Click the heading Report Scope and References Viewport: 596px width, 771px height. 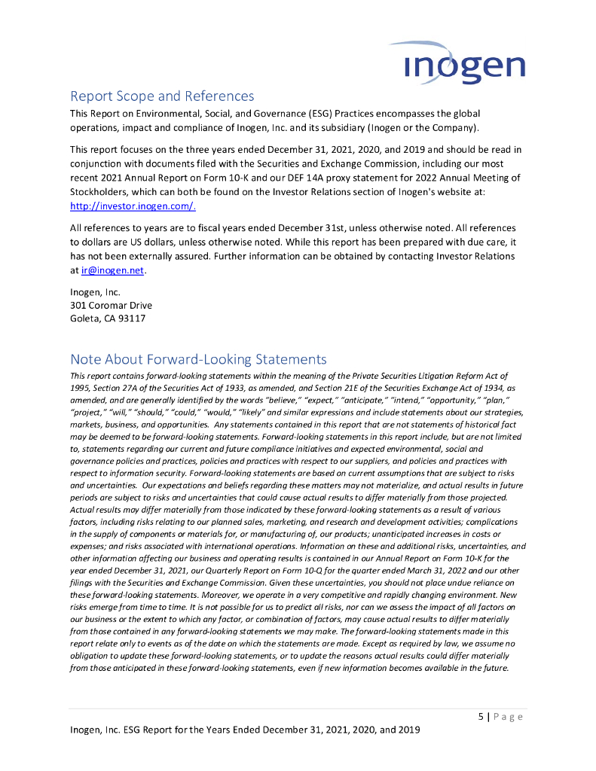click(161, 96)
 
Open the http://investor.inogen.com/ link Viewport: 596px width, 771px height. click(133, 206)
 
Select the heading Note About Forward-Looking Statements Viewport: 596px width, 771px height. click(198, 359)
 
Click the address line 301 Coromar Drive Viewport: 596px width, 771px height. click(111, 305)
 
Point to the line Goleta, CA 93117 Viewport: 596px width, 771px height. click(108, 318)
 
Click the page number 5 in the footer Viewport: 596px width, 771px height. click(481, 717)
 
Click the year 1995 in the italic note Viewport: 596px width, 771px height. click(81, 387)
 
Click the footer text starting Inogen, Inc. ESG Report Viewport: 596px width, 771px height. click(245, 730)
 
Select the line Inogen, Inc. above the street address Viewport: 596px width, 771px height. click(95, 292)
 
